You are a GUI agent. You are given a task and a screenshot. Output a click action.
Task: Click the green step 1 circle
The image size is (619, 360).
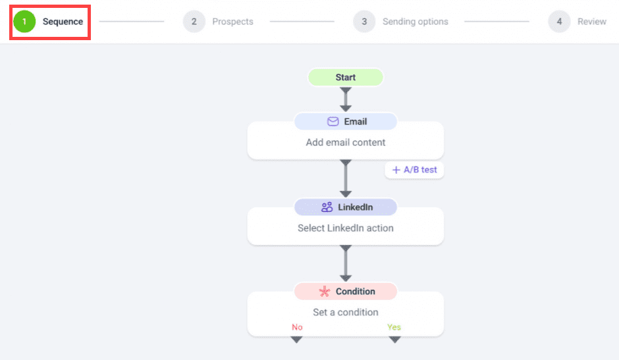24,21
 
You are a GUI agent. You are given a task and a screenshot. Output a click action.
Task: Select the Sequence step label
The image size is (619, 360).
63,22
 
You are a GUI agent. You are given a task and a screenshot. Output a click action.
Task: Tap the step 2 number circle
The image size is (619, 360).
194,21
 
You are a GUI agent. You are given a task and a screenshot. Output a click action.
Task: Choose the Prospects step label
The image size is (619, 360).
232,22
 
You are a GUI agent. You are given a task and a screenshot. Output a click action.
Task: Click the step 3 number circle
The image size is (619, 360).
364,21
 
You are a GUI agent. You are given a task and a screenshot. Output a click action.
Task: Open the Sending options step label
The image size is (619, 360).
416,22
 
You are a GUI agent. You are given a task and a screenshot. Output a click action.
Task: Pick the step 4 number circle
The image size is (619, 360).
559,21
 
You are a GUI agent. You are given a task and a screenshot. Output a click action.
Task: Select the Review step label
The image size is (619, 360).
592,22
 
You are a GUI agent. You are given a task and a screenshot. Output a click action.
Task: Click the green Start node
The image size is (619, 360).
346,77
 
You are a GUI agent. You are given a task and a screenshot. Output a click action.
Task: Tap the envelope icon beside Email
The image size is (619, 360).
333,122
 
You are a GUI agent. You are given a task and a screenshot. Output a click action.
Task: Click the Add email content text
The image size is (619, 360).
346,143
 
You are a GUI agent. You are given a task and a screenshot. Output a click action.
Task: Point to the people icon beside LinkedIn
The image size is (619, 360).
327,207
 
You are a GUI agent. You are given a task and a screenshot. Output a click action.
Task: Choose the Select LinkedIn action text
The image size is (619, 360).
346,228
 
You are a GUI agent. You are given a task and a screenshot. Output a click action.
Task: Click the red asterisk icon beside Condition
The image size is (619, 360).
325,292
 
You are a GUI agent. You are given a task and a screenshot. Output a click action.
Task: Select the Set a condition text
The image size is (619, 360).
346,312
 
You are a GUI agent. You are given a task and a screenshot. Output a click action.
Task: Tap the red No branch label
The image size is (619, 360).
297,327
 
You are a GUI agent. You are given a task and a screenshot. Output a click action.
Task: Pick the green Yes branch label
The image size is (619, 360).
394,327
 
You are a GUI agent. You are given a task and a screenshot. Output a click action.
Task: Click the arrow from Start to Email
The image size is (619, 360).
346,99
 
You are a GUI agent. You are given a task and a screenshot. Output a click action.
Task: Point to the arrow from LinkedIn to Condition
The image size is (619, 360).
346,263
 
